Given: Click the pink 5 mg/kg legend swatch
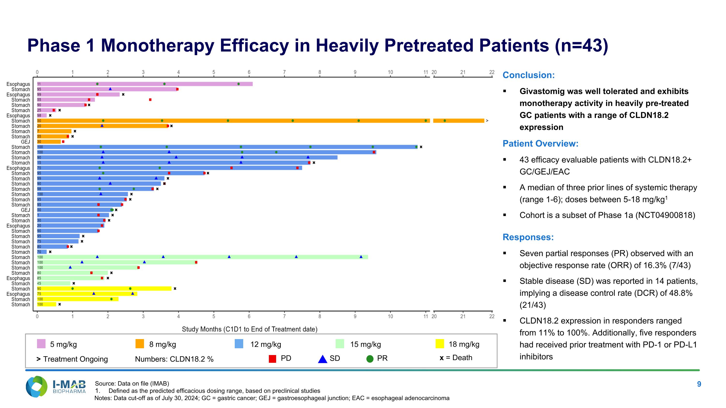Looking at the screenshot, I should pos(41,344).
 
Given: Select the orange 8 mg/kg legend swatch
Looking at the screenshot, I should pos(140,344).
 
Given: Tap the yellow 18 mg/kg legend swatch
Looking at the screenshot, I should pos(440,344).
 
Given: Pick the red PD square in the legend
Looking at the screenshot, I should pos(272,359).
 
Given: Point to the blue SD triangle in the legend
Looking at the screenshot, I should pos(322,359).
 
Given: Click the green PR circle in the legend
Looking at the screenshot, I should pos(370,359).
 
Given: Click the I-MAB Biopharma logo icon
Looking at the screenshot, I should pos(37,387).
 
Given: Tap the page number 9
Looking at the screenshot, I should pos(699,384).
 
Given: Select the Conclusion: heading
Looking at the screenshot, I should pos(529,75).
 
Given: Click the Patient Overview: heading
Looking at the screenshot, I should pos(541,144).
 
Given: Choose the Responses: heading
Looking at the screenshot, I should pos(528,237).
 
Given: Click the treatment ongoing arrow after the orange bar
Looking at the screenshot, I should pos(487,121).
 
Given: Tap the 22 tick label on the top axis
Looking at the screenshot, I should pos(492,72).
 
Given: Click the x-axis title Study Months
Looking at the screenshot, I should pos(250,329).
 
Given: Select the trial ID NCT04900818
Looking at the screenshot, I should pos(665,215).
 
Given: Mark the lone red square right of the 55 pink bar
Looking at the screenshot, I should pos(150,100).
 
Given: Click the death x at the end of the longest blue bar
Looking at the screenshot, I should pos(421,147).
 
